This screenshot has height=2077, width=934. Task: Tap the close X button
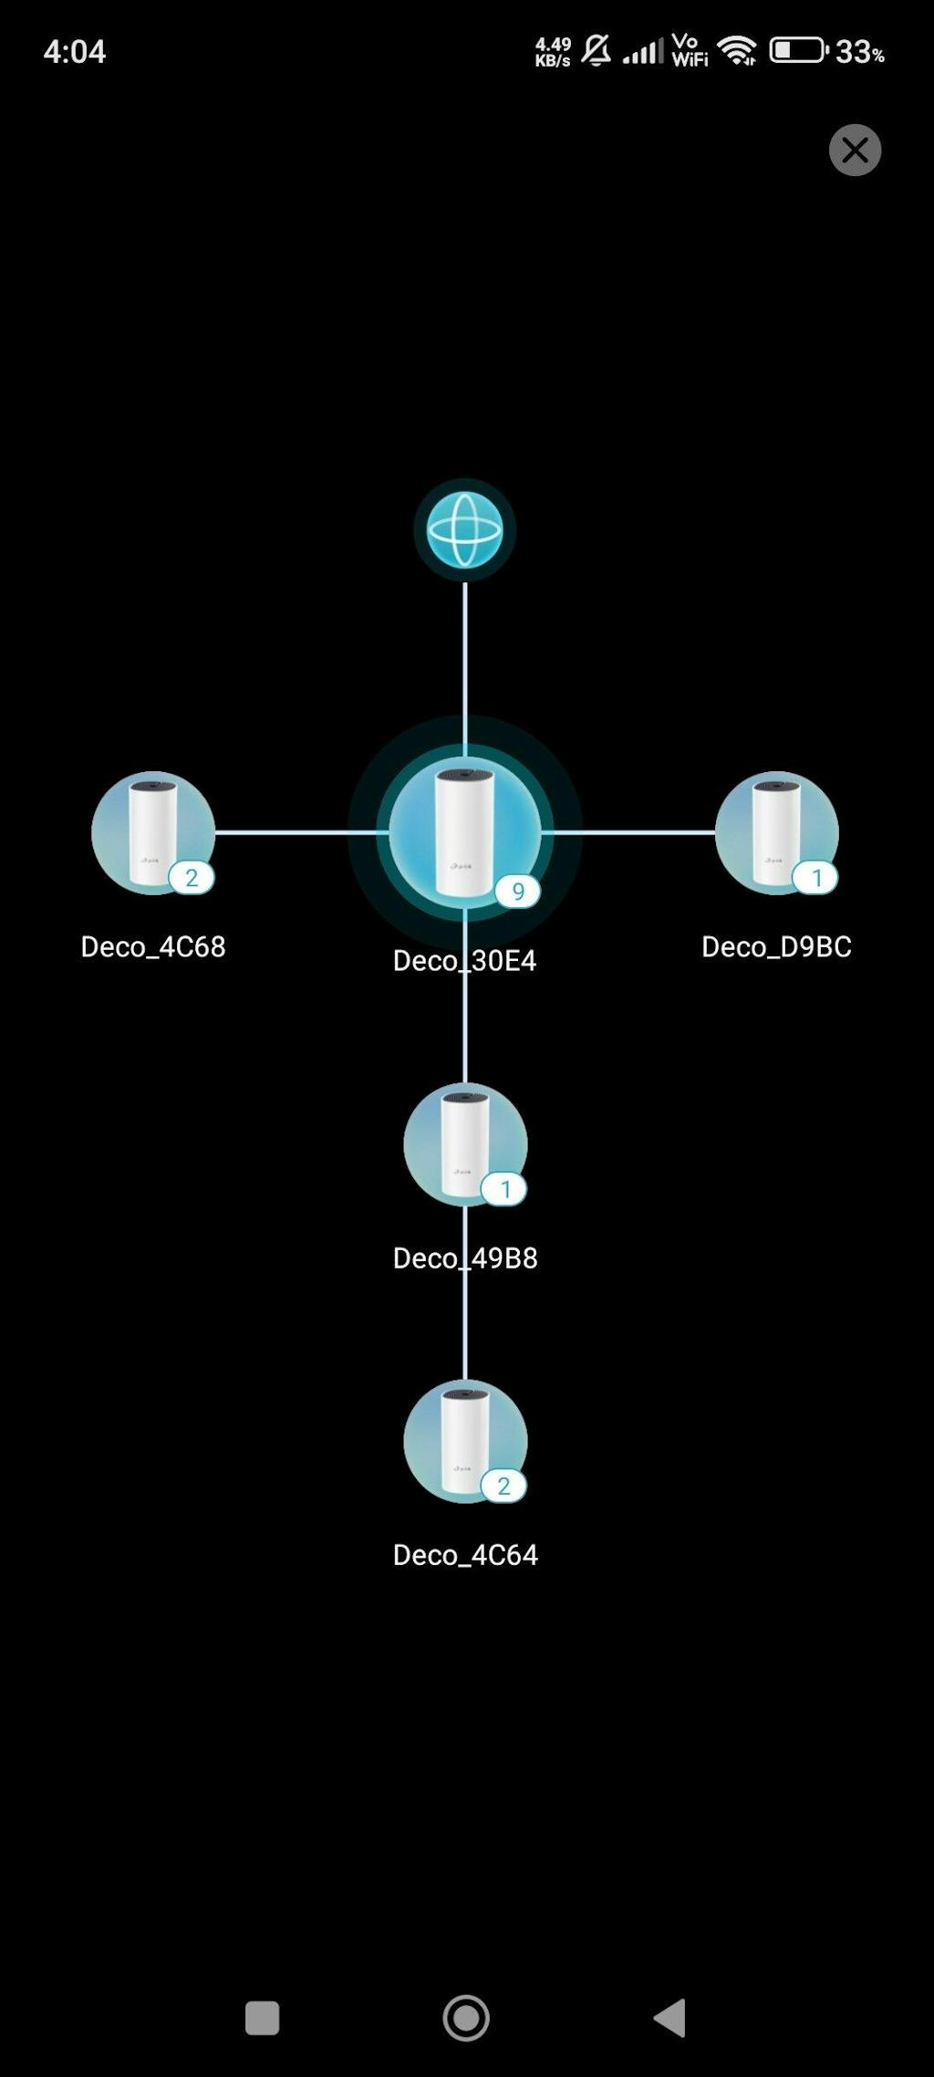point(855,150)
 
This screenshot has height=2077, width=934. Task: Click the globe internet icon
point(465,530)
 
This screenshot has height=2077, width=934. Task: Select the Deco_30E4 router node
point(465,832)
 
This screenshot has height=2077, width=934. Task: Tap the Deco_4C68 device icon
point(153,832)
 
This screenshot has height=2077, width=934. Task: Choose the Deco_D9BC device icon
point(776,832)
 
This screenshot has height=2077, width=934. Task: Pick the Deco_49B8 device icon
point(465,1143)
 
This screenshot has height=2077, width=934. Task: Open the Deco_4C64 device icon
point(465,1441)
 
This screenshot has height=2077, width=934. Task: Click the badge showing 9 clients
point(517,892)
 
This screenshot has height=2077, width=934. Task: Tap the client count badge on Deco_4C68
point(192,878)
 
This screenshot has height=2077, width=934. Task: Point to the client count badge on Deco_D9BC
point(815,878)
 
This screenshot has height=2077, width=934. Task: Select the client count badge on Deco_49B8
point(504,1189)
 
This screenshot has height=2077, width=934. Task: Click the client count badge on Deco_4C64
point(503,1486)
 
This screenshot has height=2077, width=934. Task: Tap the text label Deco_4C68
point(153,946)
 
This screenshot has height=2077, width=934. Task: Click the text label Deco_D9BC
point(776,946)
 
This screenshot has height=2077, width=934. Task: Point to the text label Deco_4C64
point(465,1555)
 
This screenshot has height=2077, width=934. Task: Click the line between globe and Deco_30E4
point(465,666)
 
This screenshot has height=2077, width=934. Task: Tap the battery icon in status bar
point(798,50)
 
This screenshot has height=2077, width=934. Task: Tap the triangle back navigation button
point(670,2017)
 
